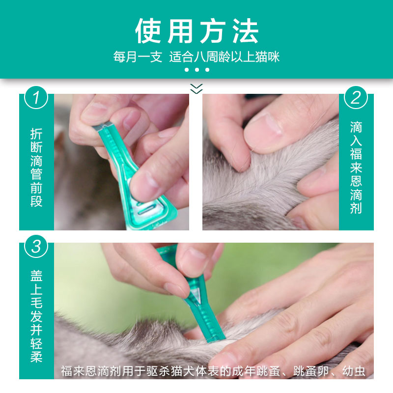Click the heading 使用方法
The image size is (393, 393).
tap(196, 31)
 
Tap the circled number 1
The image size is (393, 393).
tap(36, 97)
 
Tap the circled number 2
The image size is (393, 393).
tap(356, 97)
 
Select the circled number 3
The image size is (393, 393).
tap(36, 246)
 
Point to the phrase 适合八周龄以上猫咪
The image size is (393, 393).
tap(225, 57)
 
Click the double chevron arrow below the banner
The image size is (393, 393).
tap(196, 88)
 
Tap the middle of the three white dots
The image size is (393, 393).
tap(196, 70)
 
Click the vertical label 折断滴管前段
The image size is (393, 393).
tap(36, 168)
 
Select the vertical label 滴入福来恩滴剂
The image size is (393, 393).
tap(356, 168)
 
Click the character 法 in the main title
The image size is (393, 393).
tap(243, 31)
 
